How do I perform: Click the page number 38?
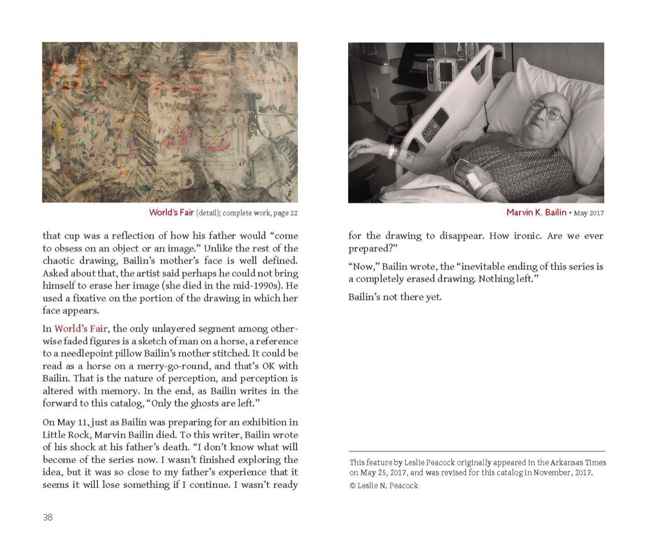coord(48,517)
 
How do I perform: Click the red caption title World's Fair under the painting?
coord(171,212)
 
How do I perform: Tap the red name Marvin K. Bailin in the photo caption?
coord(536,212)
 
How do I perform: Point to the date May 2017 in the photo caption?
coord(588,213)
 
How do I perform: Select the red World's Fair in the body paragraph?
coord(80,328)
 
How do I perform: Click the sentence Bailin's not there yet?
coord(395,297)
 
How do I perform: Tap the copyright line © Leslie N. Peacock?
coord(383,485)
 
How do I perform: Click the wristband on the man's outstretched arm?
coord(392,152)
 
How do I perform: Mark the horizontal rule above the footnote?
coord(476,451)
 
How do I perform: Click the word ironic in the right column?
coord(521,236)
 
